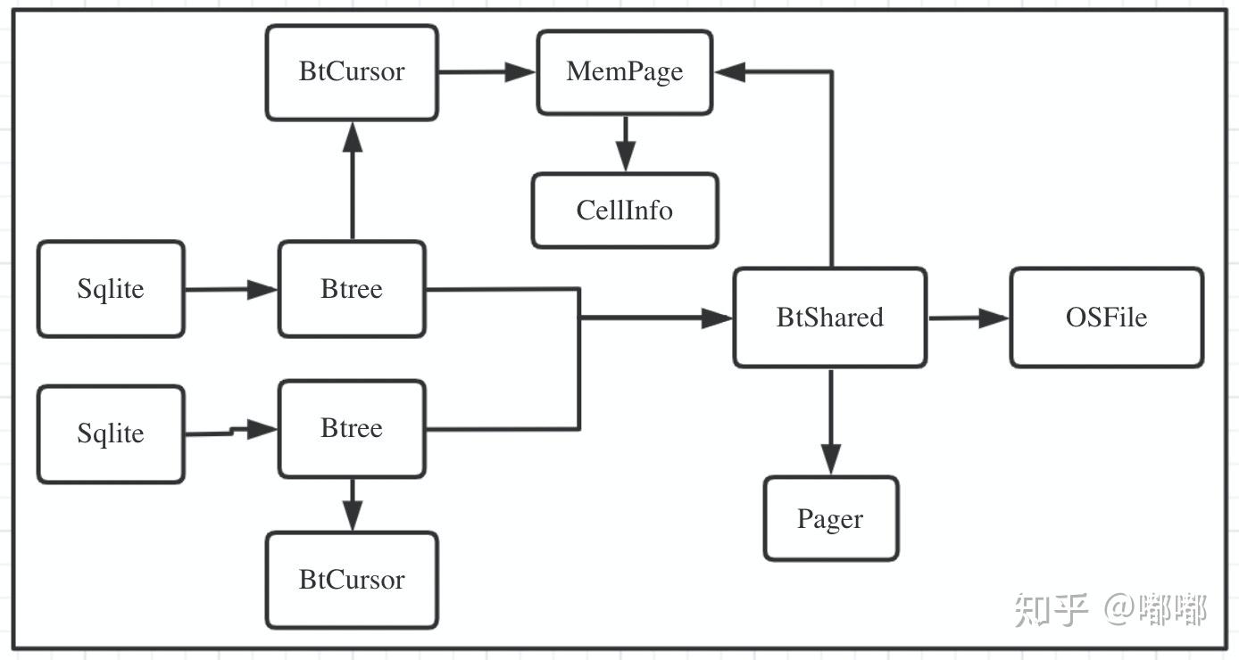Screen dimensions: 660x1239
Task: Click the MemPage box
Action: pyautogui.click(x=624, y=72)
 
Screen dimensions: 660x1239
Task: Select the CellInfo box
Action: pyautogui.click(x=624, y=210)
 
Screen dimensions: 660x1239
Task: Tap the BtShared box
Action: pyautogui.click(x=829, y=318)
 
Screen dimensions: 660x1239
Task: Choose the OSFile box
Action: pyautogui.click(x=1106, y=318)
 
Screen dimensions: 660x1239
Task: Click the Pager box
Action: pyautogui.click(x=830, y=518)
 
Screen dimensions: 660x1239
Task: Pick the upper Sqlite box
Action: pyautogui.click(x=111, y=289)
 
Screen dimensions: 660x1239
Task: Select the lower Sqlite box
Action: pyautogui.click(x=111, y=433)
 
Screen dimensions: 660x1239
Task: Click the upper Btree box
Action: pyautogui.click(x=352, y=289)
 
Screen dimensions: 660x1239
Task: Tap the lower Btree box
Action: pyautogui.click(x=352, y=428)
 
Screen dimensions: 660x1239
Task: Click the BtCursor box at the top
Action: pyautogui.click(x=352, y=72)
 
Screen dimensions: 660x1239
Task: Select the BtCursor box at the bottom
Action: pyautogui.click(x=352, y=580)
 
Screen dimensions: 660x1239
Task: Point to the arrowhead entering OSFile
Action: pyautogui.click(x=994, y=318)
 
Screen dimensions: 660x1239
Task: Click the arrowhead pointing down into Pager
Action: pyautogui.click(x=830, y=460)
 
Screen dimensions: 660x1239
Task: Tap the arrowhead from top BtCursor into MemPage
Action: pyautogui.click(x=520, y=72)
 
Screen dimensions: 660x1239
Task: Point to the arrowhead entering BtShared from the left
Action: pyautogui.click(x=717, y=318)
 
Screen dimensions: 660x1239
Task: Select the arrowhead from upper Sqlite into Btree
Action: pyautogui.click(x=262, y=289)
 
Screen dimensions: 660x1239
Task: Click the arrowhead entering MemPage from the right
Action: pyautogui.click(x=731, y=72)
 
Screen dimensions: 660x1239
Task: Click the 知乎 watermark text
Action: pyautogui.click(x=1051, y=610)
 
